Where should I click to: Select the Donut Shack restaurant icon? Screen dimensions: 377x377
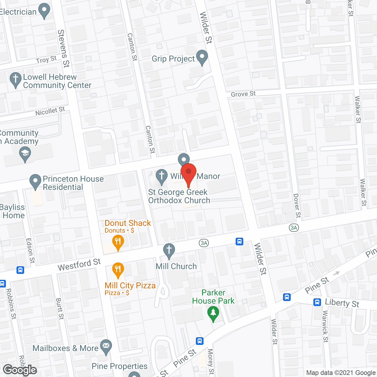pos(118,242)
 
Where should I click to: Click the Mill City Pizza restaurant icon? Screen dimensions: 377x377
pos(118,269)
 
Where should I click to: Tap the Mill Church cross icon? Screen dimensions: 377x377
pos(169,251)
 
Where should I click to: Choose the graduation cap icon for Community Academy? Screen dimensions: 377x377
pos(25,153)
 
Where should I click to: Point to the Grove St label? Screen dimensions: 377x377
pos(243,94)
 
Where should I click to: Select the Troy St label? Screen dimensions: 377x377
pos(46,60)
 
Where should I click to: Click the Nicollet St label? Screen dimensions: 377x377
pos(50,111)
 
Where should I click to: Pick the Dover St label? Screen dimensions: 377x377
pos(297,206)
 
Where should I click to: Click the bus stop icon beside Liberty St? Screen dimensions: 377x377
pos(317,302)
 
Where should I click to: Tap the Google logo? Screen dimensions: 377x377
pos(20,370)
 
